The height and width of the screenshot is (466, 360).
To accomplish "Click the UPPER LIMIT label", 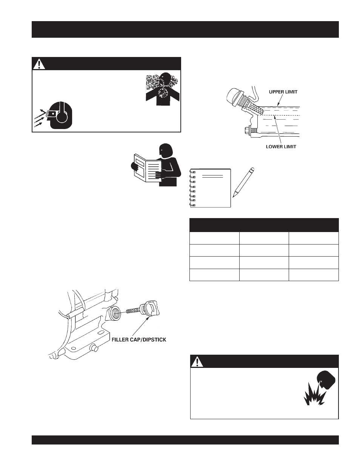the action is click(283, 92).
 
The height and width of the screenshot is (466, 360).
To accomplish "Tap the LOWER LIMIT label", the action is click(281, 147).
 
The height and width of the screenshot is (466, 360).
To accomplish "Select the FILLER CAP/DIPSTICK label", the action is click(139, 340).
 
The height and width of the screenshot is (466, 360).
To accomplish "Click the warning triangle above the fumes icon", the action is click(39, 64).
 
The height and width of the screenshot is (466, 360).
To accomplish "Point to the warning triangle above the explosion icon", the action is click(197, 362).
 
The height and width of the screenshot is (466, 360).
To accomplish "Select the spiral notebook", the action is click(210, 188).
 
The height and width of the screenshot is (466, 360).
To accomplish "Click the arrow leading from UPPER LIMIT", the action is click(280, 101).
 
